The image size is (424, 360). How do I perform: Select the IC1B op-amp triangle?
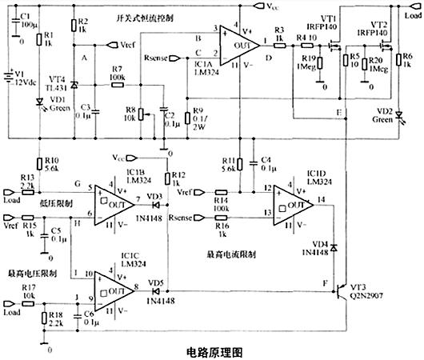114,206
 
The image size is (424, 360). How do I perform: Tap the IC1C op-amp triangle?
114,286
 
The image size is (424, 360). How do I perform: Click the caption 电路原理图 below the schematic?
213,350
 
